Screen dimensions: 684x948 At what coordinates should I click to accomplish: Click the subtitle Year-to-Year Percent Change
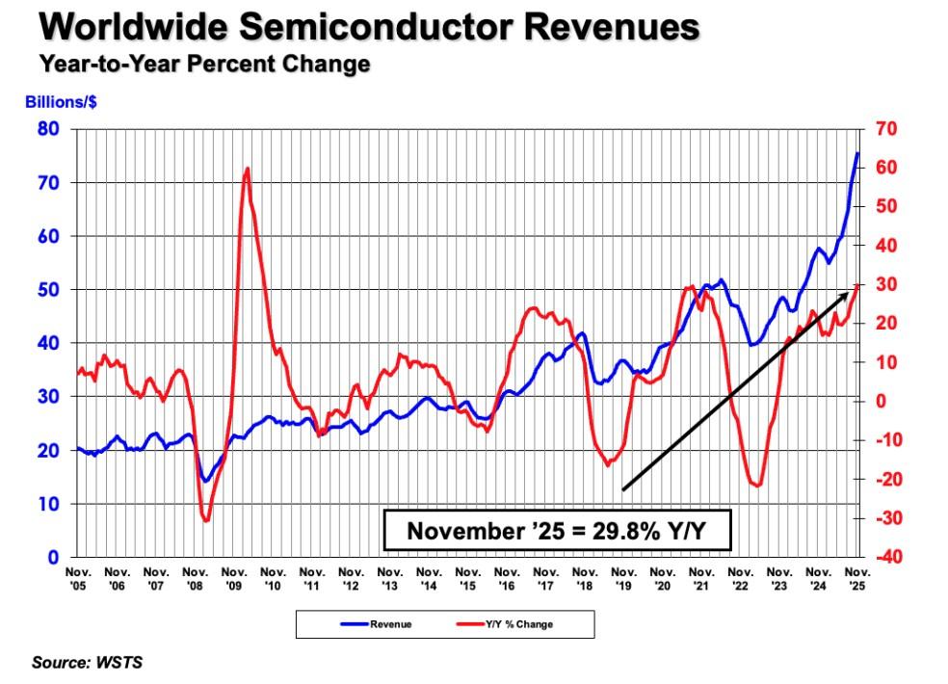[204, 65]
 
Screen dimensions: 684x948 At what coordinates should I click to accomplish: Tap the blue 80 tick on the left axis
[48, 129]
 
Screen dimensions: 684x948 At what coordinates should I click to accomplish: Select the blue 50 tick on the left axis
[48, 290]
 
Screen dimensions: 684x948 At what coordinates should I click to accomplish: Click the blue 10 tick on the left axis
[48, 504]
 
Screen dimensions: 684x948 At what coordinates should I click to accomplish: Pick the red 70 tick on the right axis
[887, 129]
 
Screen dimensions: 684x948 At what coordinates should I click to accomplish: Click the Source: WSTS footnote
[88, 663]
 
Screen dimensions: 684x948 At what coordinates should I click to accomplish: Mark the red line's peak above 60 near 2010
[248, 169]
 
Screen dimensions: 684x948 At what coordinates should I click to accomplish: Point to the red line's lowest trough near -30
[206, 520]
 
